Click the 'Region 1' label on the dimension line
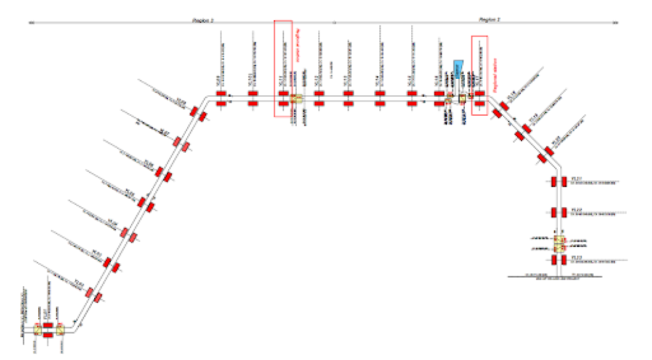(490, 20)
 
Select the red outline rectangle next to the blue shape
(480, 75)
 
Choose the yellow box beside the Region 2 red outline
(296, 98)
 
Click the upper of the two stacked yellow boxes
(559, 239)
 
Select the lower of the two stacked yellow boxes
(559, 248)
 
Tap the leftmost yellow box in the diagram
(38, 329)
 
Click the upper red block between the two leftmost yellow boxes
(49, 324)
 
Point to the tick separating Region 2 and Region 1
(334, 23)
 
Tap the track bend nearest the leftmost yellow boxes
(75, 330)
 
